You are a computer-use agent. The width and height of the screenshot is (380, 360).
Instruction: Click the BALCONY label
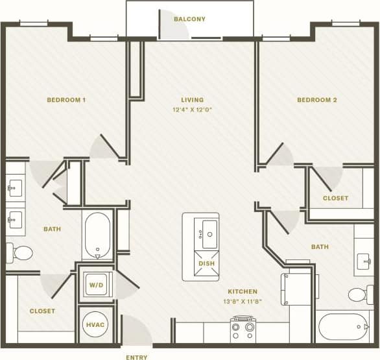189,19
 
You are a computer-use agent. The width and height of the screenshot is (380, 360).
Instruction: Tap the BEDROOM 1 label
66,100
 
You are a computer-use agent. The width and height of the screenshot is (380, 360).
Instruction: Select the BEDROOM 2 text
317,100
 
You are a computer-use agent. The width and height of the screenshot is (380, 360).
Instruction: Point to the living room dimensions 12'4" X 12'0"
193,110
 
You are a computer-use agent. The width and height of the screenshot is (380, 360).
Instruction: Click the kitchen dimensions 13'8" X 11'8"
243,302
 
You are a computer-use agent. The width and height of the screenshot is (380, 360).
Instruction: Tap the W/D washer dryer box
95,284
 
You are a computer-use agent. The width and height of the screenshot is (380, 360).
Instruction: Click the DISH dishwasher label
206,263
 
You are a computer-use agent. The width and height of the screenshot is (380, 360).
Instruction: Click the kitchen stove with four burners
243,330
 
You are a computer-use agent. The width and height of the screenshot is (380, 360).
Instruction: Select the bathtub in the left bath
97,235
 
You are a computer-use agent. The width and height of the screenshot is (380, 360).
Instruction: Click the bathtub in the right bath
344,327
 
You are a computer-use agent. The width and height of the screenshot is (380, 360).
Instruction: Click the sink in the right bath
364,261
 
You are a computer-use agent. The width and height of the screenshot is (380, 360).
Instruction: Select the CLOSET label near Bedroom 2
335,198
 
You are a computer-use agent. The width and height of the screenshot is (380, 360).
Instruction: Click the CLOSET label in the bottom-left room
42,311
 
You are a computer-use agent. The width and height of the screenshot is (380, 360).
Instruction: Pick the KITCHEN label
243,292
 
